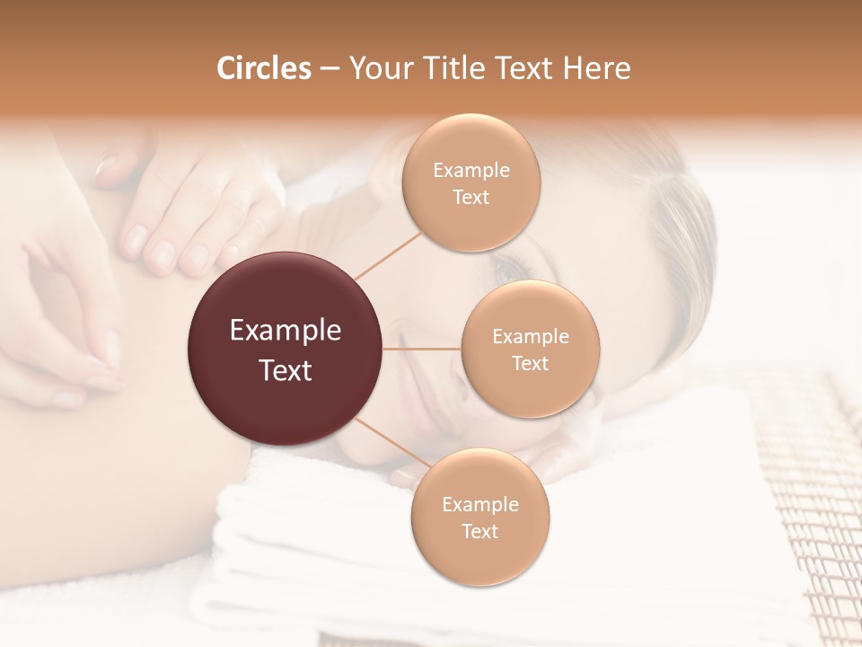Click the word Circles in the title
pos(263,68)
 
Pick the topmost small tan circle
pos(471,182)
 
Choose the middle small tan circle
pos(530,349)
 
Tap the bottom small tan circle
pos(479,517)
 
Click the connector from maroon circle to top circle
pos(389,253)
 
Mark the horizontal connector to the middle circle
pos(422,349)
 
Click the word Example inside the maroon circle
pos(286,331)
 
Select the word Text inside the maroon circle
pos(286,369)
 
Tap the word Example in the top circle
pos(471,170)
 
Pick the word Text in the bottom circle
pos(479,531)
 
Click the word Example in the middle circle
pos(530,337)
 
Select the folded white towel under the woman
pos(296,539)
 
